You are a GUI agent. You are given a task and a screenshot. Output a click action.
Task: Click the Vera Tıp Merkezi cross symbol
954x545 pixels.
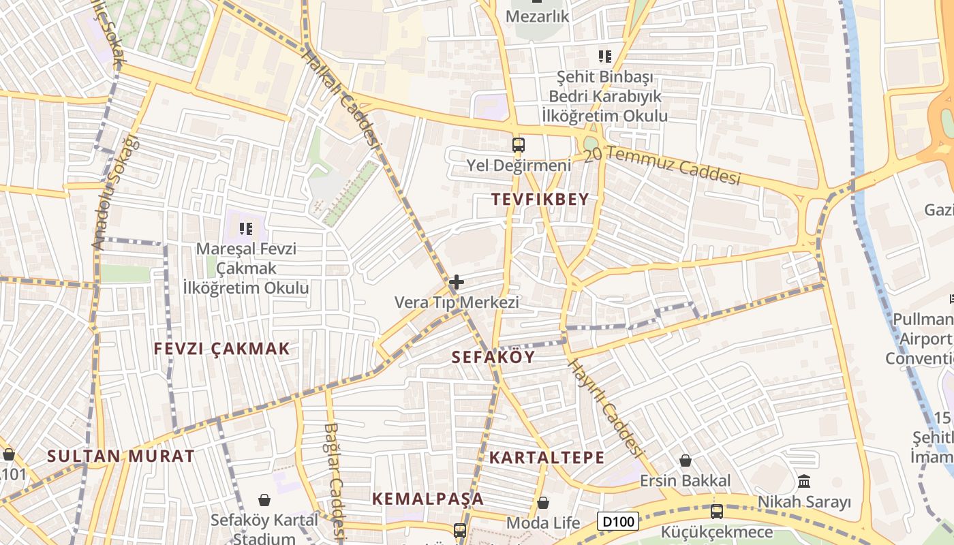[457, 282]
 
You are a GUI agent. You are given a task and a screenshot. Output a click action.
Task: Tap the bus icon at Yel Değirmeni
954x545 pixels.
[519, 144]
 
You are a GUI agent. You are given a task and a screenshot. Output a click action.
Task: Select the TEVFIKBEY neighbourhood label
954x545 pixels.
[540, 200]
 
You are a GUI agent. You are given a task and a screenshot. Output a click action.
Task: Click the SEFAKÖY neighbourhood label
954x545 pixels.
[494, 357]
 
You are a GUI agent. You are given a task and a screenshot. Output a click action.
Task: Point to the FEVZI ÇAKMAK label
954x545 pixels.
[222, 349]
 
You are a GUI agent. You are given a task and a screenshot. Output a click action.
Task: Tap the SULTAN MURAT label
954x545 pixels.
[121, 456]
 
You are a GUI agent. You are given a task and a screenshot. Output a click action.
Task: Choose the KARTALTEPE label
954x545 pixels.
[547, 457]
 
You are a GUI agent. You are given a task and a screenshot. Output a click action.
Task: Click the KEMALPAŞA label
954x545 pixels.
[428, 499]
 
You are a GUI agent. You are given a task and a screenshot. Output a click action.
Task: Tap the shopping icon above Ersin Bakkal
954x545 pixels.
[686, 461]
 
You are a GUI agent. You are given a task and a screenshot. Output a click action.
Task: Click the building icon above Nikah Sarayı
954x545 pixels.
[804, 482]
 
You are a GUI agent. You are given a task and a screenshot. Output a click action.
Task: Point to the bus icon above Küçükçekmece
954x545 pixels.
[716, 512]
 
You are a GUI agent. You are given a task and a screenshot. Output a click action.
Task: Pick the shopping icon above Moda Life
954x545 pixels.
[543, 503]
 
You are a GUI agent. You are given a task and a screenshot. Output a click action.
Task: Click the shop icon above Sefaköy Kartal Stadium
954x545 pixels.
[264, 501]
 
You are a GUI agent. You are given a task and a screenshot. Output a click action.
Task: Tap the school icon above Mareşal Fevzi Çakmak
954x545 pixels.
[246, 229]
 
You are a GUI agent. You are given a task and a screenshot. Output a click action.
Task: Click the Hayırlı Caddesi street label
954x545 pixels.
[606, 408]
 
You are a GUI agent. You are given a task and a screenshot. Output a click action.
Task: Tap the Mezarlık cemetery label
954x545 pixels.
[537, 16]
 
